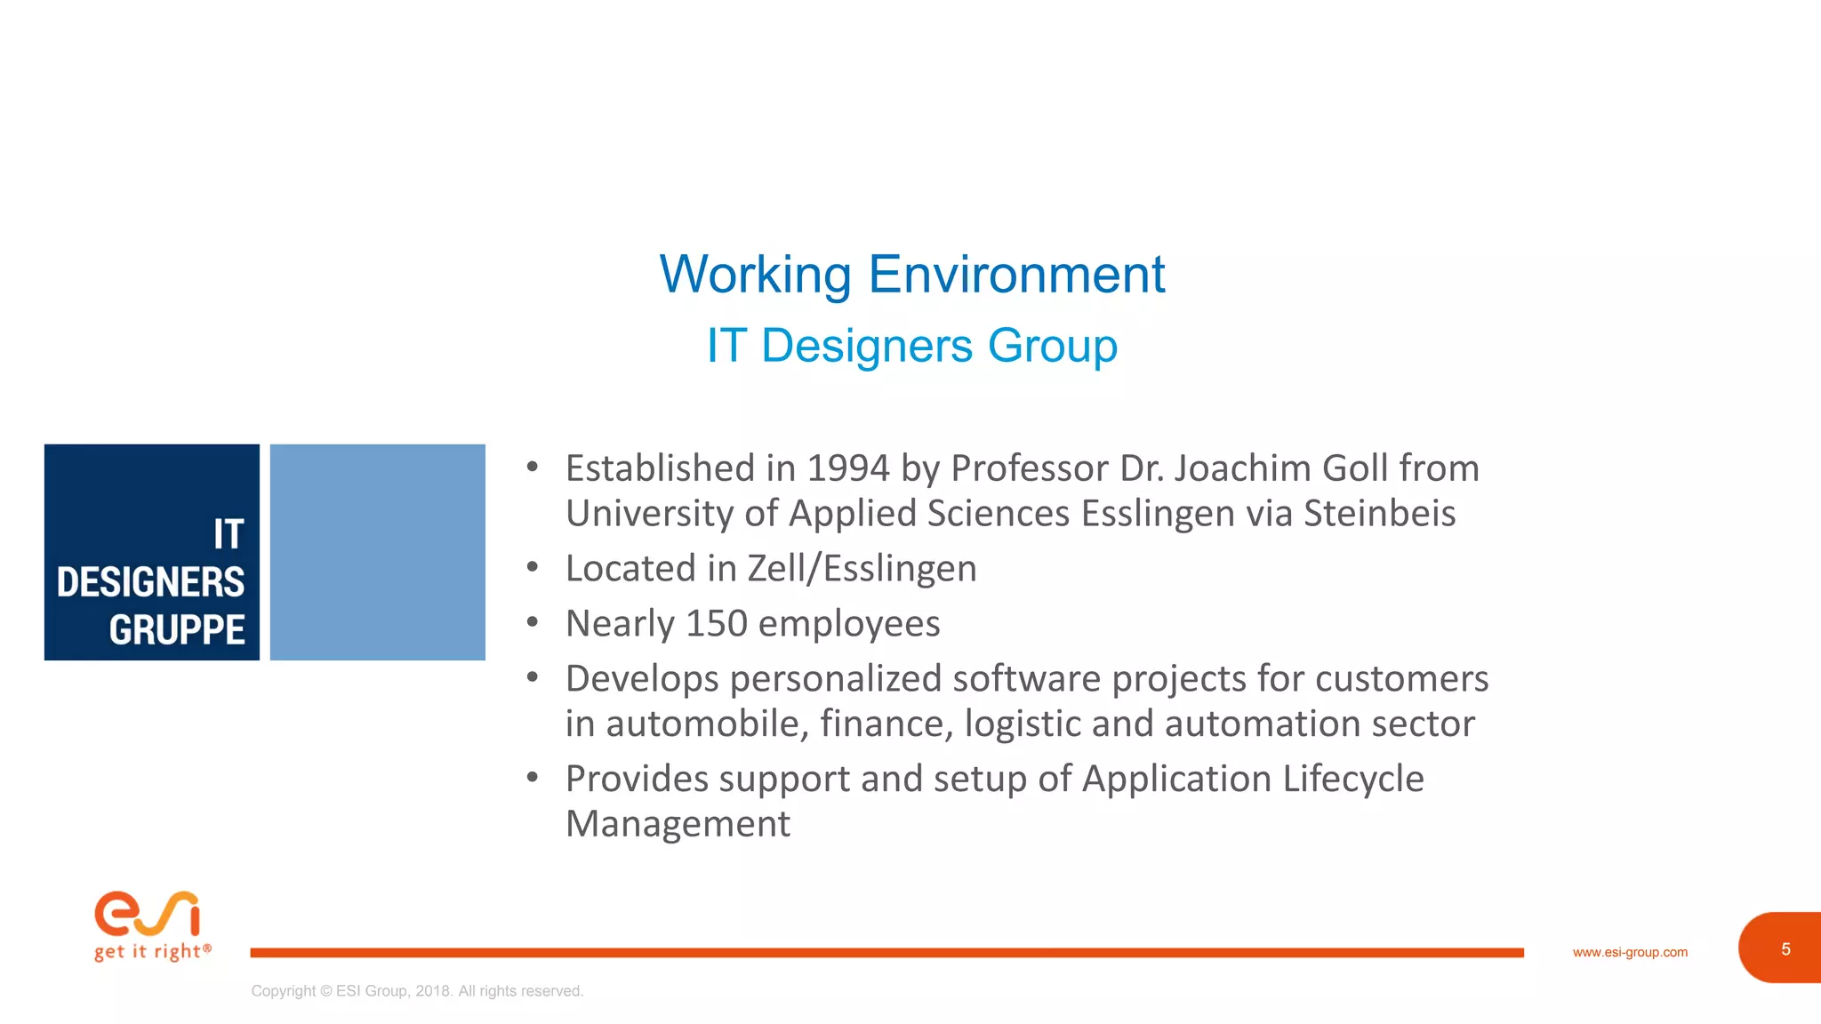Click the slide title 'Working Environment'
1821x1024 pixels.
[x=911, y=274]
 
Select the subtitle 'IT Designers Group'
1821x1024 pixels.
[x=911, y=345]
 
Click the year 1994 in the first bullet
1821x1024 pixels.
[x=847, y=468]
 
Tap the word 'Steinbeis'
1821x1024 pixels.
[x=1379, y=514]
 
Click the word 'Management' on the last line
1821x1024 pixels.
[x=678, y=824]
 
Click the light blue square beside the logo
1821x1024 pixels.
[x=377, y=552]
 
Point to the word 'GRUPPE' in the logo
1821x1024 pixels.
[x=177, y=630]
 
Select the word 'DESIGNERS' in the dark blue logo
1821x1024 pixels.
[x=150, y=583]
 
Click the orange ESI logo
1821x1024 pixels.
[x=148, y=914]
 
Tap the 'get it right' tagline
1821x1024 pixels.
[x=152, y=952]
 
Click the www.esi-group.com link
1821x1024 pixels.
[x=1630, y=952]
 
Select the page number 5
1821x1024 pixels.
[x=1785, y=949]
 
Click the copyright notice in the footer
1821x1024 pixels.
[x=417, y=991]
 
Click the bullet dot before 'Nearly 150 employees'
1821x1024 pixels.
[x=533, y=622]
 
